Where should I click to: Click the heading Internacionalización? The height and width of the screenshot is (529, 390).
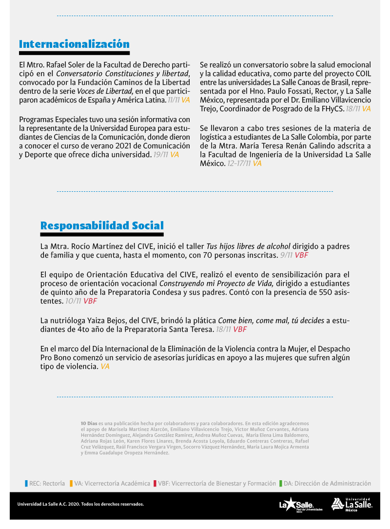[74, 44]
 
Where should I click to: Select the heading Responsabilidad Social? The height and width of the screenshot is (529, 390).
[102, 225]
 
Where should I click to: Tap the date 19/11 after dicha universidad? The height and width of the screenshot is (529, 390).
[160, 155]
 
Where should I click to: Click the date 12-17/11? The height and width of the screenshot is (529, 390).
[239, 163]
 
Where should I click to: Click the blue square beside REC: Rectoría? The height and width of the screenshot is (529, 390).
[26, 484]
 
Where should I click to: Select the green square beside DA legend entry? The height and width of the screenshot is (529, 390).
[281, 484]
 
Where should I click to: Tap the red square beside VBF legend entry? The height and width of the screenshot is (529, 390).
[155, 484]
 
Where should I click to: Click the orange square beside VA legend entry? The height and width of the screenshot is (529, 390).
[71, 484]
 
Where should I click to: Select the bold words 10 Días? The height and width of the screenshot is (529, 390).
[89, 423]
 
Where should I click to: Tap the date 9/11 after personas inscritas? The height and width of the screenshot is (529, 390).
[286, 255]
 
